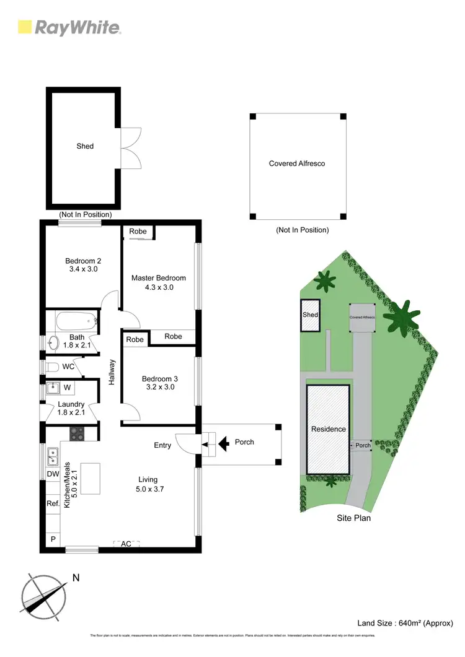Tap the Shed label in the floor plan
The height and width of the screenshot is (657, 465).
pos(85,146)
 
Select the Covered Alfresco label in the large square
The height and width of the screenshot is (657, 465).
pos(297,163)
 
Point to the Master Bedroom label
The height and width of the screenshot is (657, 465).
pos(158,282)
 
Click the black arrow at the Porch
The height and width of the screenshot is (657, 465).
pos(224,442)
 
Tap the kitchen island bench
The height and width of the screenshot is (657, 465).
pos(92,479)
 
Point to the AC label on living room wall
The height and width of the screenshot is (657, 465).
pos(126,544)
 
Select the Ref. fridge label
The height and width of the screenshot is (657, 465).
pos(53,503)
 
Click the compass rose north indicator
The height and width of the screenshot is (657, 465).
pos(44,598)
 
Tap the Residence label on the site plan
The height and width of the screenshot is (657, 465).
pos(328,429)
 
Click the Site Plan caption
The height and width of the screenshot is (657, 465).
pos(353,518)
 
